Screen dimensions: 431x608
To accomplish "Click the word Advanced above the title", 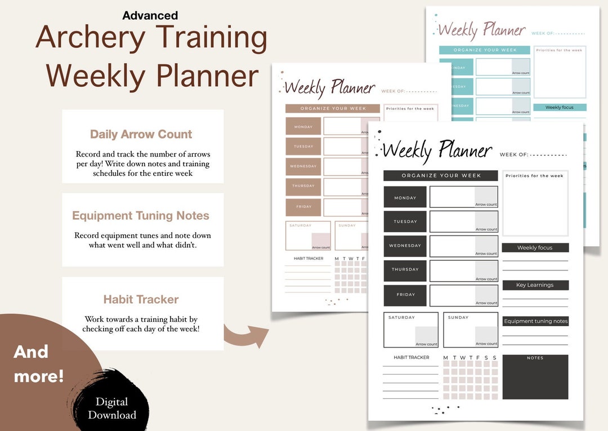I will [150, 16].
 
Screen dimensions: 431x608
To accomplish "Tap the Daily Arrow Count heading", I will [141, 134].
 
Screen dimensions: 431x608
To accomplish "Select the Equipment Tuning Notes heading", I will [141, 216].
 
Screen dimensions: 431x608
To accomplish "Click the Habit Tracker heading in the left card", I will [141, 299].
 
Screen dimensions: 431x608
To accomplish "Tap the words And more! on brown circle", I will [39, 363].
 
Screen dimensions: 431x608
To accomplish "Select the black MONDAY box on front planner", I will [405, 197].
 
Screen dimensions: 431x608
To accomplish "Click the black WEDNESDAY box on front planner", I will [405, 246].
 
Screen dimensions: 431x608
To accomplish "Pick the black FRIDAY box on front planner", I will [405, 295].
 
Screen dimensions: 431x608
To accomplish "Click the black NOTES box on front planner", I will [535, 377].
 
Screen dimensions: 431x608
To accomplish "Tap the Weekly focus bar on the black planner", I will [535, 248].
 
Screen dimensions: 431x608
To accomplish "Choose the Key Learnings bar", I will [535, 285].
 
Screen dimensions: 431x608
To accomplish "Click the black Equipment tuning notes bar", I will [535, 321].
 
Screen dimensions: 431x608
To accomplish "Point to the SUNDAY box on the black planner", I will [470, 330].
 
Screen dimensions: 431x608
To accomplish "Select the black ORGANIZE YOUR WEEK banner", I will [441, 176].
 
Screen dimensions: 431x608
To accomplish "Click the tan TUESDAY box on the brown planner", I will [303, 146].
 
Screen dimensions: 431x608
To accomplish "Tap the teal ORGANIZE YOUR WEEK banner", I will [485, 50].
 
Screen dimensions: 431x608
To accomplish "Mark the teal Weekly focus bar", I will [560, 107].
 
